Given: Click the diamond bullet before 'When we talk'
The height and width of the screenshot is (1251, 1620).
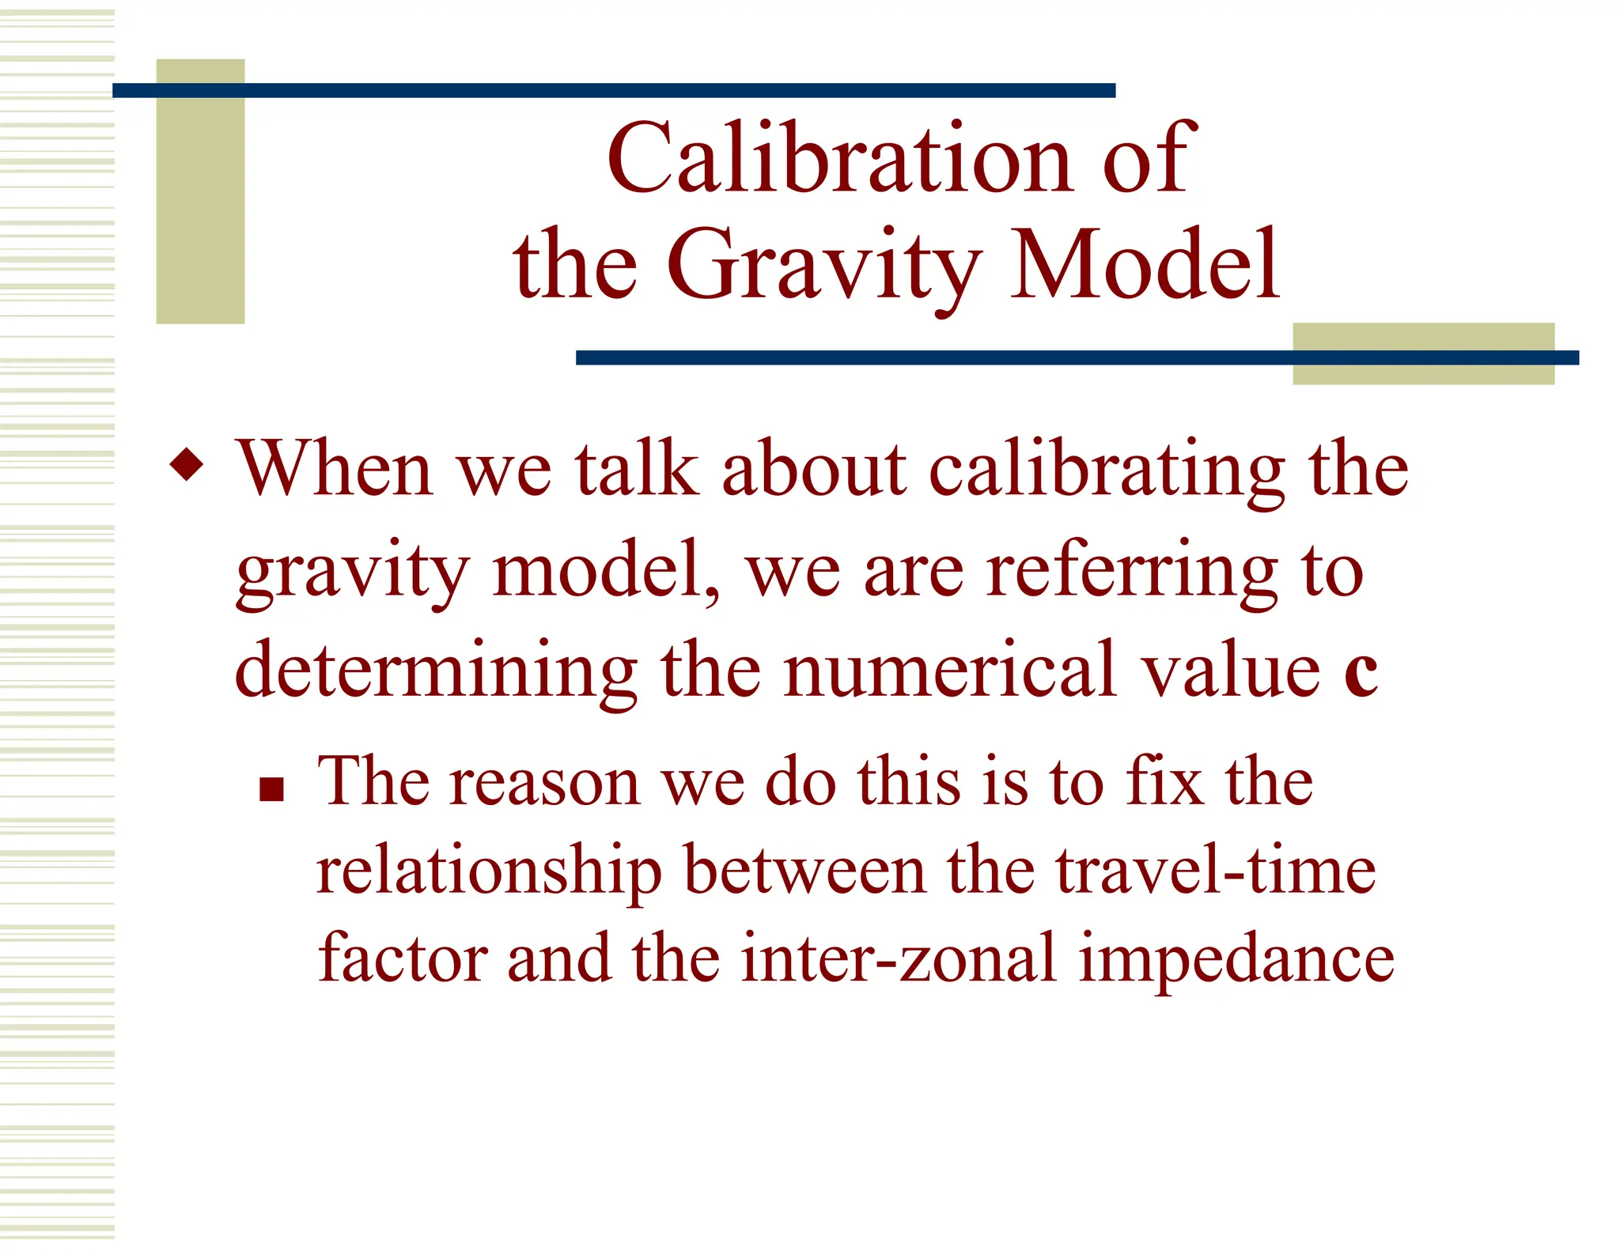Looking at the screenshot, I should pyautogui.click(x=187, y=464).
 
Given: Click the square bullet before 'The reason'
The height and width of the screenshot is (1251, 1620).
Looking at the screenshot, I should pyautogui.click(x=271, y=789).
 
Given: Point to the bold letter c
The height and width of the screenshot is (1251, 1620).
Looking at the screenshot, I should pyautogui.click(x=1360, y=672).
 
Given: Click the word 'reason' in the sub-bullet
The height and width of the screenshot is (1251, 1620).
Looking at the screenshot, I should pyautogui.click(x=544, y=783).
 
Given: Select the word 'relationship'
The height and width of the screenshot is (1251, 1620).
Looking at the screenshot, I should pyautogui.click(x=488, y=874).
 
